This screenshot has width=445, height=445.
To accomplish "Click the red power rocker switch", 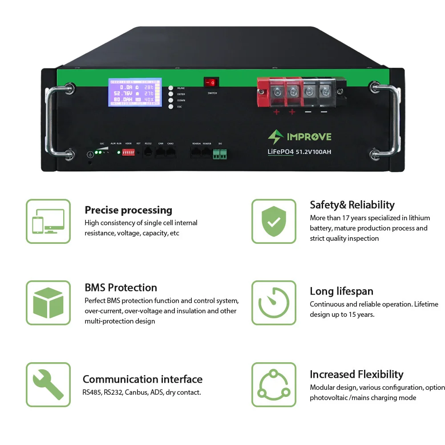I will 212,82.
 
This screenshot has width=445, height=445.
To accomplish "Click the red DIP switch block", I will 129,152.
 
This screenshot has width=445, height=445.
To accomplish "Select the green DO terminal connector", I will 220,154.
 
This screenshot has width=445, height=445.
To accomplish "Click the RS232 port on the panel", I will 148,152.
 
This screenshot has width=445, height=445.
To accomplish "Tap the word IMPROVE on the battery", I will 309,137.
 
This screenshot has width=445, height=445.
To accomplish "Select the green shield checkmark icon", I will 274,221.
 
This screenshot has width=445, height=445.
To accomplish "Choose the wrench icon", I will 48,384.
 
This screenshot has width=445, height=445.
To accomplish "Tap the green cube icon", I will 48,303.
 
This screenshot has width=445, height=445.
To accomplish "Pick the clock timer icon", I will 274,303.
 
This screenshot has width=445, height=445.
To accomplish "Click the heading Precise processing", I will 128,210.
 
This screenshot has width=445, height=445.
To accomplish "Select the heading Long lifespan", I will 341,291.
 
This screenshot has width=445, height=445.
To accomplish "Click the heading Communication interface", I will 142,379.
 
